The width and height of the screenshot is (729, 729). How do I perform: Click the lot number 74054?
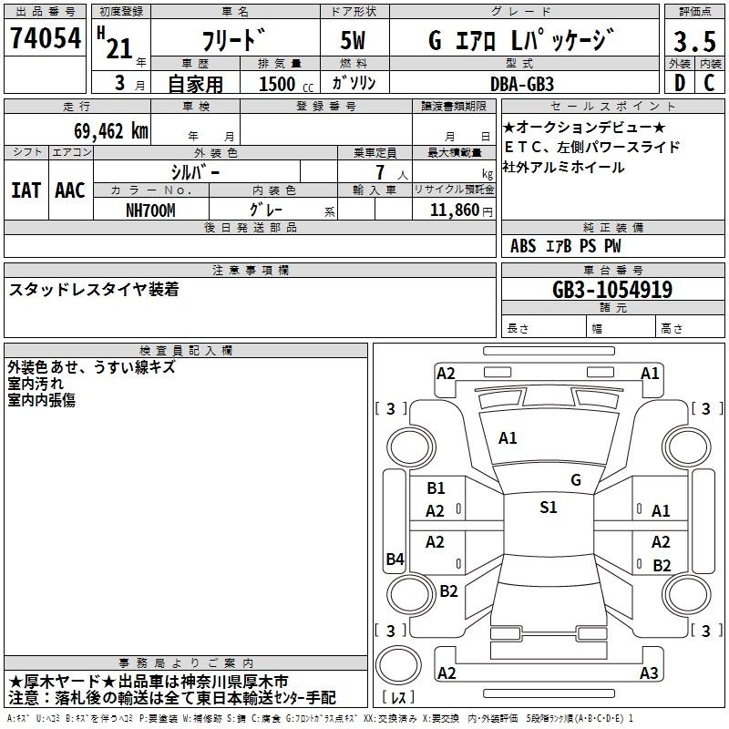[46, 38]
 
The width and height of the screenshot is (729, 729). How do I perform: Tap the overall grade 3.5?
[694, 41]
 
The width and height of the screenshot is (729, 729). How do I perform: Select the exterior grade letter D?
[680, 83]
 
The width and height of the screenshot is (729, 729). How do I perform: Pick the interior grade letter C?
[709, 83]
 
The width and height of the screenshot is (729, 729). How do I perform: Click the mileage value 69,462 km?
[111, 131]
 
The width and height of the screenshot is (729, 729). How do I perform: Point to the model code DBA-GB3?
[522, 84]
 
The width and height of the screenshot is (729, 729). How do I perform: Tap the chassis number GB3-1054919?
[612, 290]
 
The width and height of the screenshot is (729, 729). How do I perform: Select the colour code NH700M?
[150, 210]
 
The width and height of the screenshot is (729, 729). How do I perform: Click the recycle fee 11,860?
[455, 210]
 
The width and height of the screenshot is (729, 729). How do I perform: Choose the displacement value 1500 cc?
[286, 84]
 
